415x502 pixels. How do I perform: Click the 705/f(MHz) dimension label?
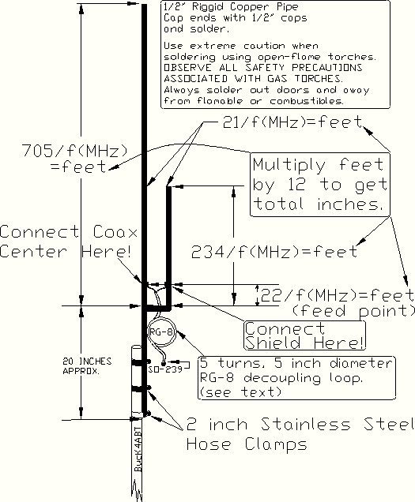(x=75, y=158)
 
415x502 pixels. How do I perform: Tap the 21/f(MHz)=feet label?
(x=292, y=122)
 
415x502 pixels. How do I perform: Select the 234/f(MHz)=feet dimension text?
(x=274, y=252)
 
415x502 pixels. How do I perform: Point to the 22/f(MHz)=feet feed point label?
(x=338, y=302)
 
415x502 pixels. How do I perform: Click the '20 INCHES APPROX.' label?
(x=87, y=366)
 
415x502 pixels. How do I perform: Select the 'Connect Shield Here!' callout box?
(x=304, y=335)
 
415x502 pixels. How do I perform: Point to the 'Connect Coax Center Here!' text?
(x=69, y=242)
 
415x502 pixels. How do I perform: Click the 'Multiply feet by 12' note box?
(x=320, y=185)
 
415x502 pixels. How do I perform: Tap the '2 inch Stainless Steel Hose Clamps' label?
(x=300, y=434)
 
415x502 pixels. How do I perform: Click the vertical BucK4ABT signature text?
(x=138, y=449)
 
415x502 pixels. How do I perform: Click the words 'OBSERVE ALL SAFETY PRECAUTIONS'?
(x=263, y=68)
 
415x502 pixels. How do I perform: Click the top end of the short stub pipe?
(x=168, y=186)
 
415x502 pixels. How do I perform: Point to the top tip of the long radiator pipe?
(x=145, y=5)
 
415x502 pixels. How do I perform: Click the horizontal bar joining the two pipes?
(x=157, y=309)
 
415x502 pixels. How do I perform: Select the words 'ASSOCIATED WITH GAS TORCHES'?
(x=254, y=78)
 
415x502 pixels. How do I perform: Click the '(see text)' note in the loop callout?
(x=240, y=391)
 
